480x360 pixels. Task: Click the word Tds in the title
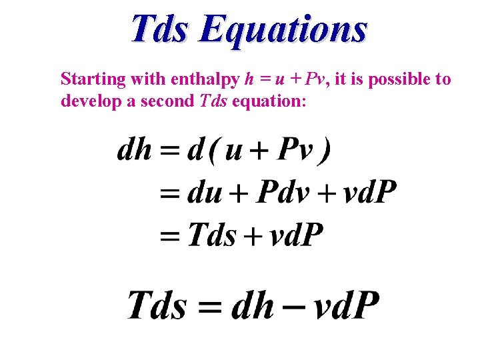(x=160, y=29)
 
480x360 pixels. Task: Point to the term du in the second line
(x=205, y=193)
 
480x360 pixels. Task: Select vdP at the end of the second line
(x=369, y=193)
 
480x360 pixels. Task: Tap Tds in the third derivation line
(x=212, y=235)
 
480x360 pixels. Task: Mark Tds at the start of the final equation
(x=156, y=306)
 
